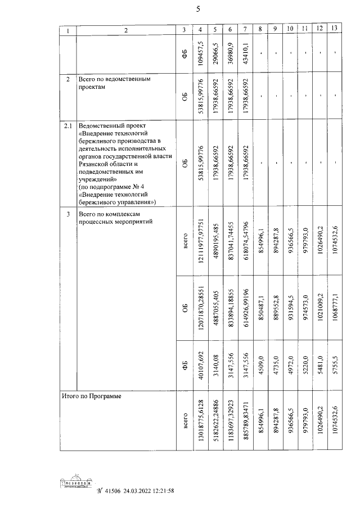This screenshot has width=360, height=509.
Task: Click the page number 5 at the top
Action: click(198, 8)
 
